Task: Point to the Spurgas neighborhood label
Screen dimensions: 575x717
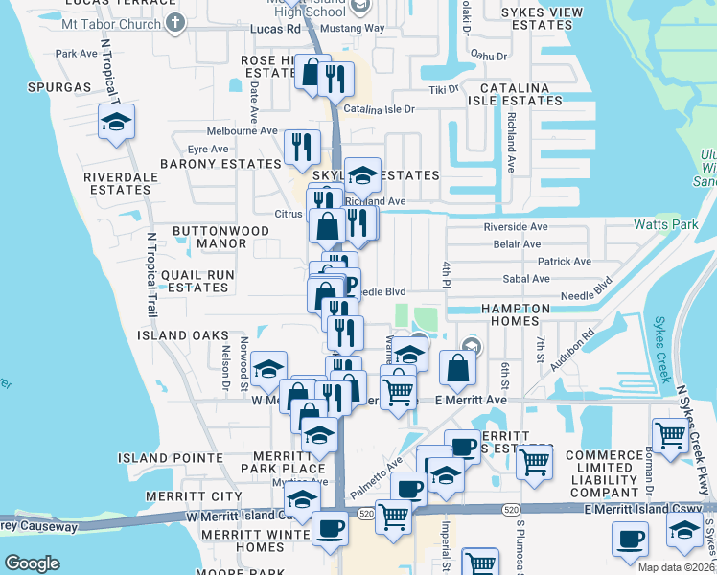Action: coord(54,87)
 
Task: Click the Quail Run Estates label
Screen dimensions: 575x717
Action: coord(197,281)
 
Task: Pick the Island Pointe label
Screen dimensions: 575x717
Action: coord(162,459)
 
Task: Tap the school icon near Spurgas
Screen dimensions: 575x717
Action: coord(116,123)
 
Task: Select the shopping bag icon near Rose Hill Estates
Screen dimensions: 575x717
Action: coord(312,73)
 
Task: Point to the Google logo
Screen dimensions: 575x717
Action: coord(32,563)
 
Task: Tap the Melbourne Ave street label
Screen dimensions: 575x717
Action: coord(242,130)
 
